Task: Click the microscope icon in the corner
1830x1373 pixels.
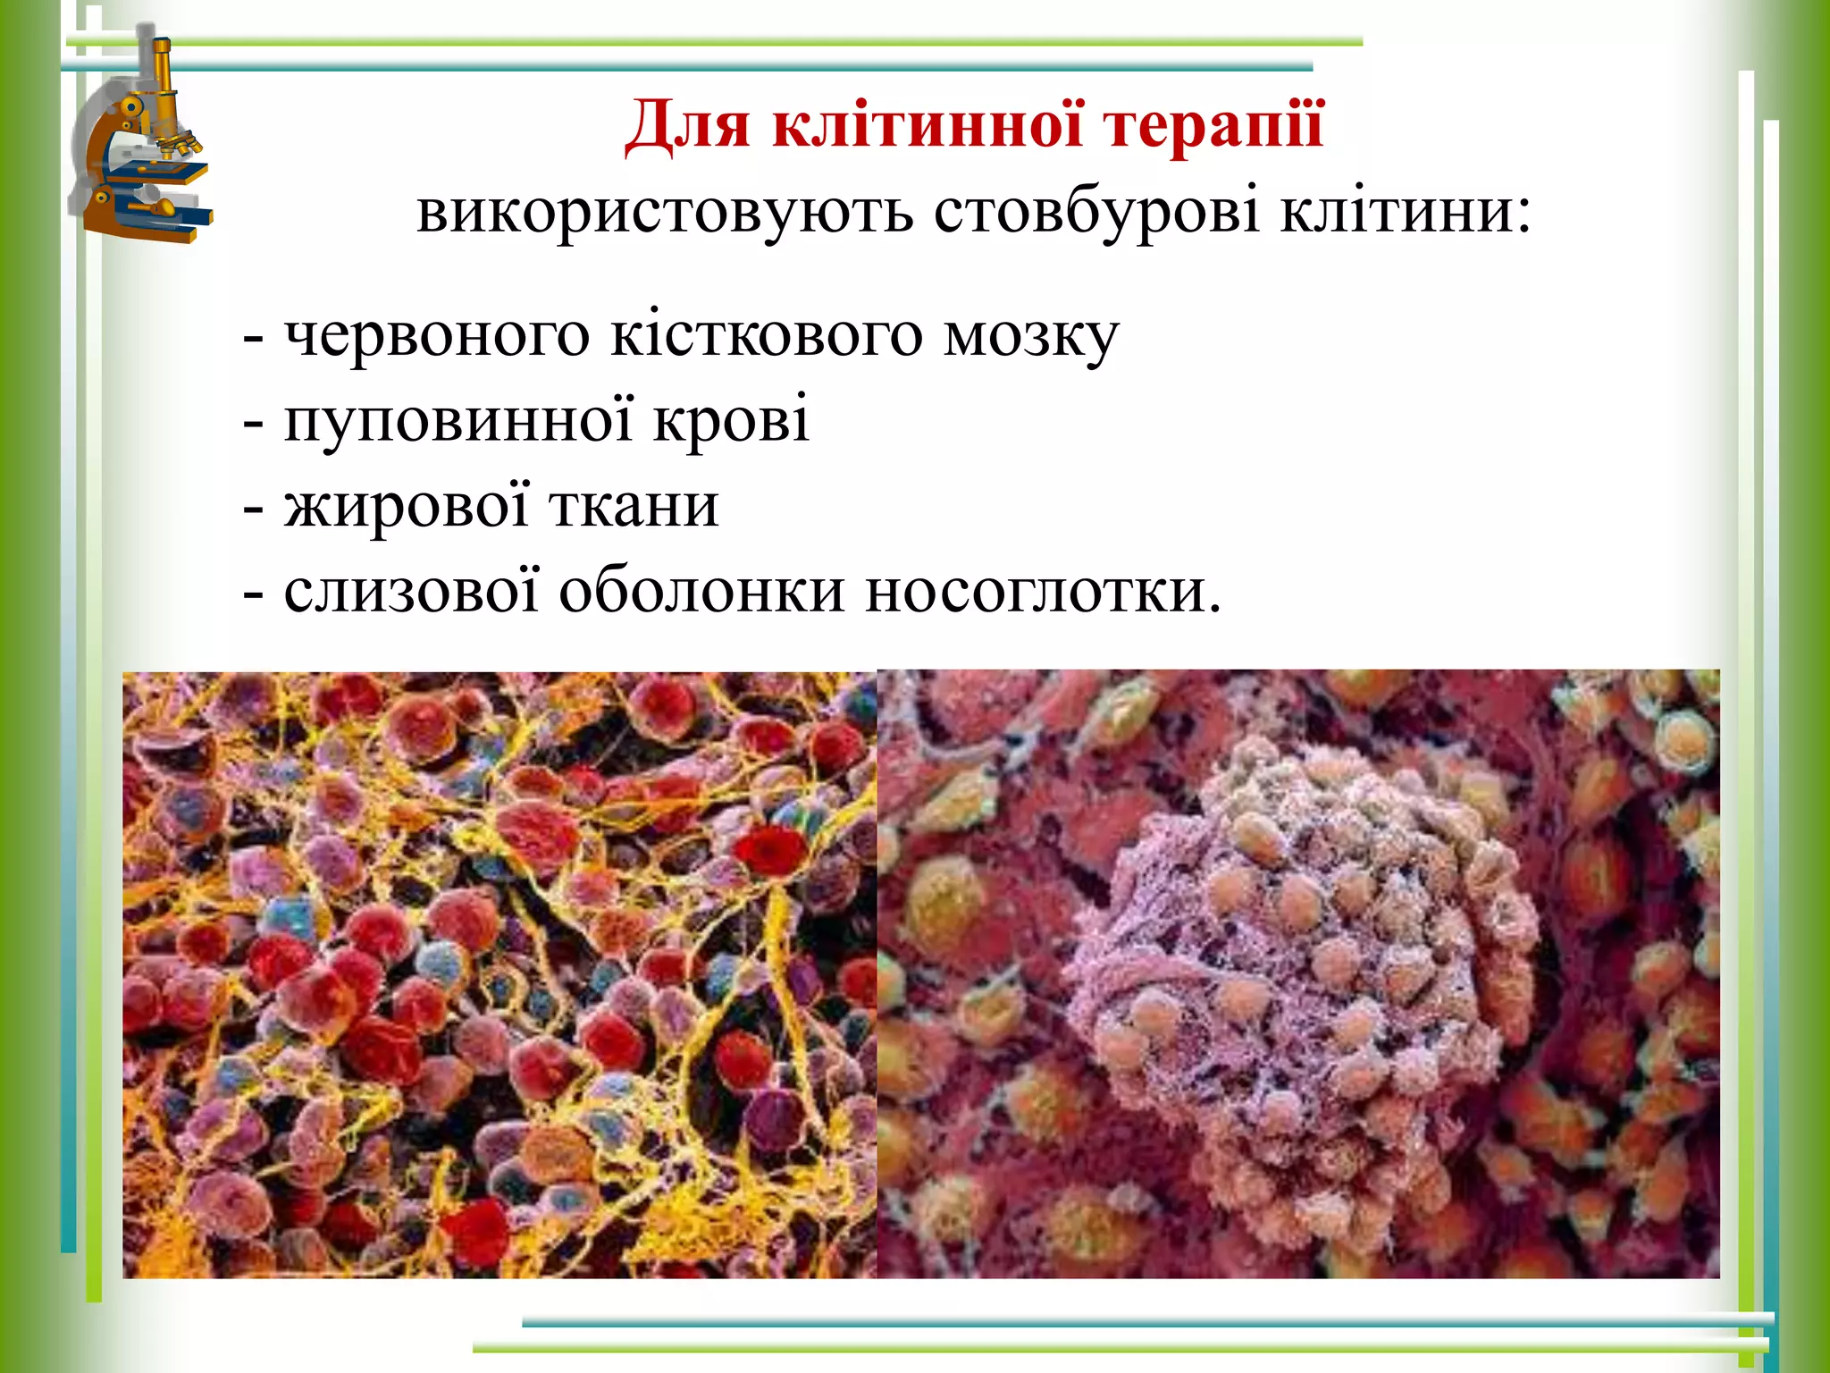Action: pos(143,143)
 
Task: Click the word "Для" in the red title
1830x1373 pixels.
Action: pos(687,125)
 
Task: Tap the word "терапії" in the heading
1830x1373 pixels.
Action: pos(1213,125)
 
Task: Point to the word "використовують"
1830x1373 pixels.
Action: pos(665,213)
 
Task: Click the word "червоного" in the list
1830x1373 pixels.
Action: pos(437,335)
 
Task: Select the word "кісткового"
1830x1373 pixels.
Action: pos(766,335)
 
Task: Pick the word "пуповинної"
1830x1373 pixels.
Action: pos(457,420)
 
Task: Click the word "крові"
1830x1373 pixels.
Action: pos(731,420)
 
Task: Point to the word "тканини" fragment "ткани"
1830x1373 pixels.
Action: pos(634,505)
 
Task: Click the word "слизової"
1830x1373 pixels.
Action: pos(412,590)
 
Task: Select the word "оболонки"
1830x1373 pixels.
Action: pos(701,590)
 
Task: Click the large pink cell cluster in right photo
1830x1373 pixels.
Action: pos(1296,948)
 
